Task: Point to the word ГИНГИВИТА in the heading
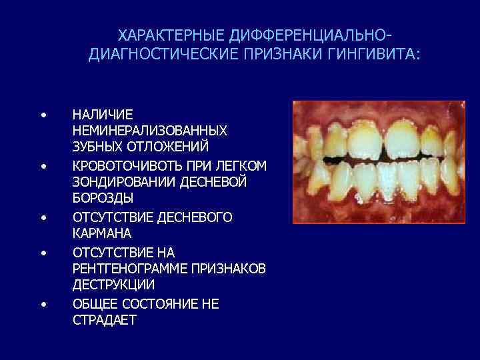pos(376,53)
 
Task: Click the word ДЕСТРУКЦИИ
pos(113,285)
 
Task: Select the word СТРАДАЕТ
pos(104,320)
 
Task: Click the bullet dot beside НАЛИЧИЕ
pos(43,115)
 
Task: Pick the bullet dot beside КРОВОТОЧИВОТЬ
pos(43,165)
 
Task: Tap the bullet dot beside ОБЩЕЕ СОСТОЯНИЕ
pos(43,304)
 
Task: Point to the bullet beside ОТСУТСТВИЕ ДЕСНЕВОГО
pos(43,217)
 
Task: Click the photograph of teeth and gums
pos(378,161)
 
